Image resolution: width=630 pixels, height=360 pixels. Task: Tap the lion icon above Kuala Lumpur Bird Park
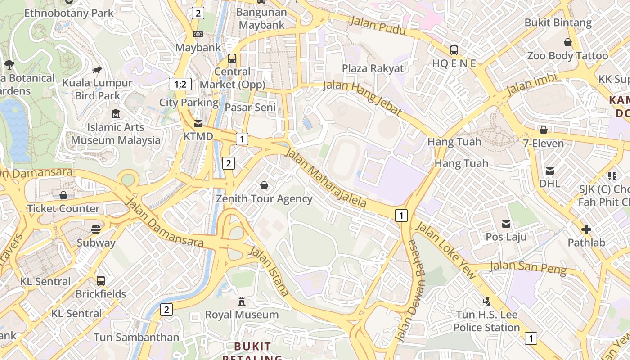pyautogui.click(x=97, y=70)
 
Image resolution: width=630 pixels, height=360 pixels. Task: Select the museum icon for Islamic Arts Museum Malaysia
pyautogui.click(x=116, y=113)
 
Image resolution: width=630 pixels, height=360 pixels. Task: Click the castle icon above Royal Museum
pyautogui.click(x=242, y=301)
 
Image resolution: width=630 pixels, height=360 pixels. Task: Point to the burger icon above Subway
pyautogui.click(x=95, y=229)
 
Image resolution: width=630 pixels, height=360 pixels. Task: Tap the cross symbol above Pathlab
pyautogui.click(x=586, y=229)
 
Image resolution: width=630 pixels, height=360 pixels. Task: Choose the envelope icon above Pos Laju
pyautogui.click(x=506, y=224)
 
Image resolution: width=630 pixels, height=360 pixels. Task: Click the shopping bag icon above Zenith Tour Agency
pyautogui.click(x=264, y=185)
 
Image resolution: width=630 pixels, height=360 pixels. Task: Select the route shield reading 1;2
pyautogui.click(x=180, y=84)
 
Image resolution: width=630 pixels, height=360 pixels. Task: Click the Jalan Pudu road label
pyautogui.click(x=378, y=26)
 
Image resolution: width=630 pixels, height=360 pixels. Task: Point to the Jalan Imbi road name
pyautogui.click(x=531, y=84)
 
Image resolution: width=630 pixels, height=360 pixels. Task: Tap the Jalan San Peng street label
pyautogui.click(x=527, y=267)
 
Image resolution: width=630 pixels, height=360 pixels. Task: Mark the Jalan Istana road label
pyautogui.click(x=269, y=271)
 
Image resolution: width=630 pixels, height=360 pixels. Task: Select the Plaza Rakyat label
pyautogui.click(x=373, y=68)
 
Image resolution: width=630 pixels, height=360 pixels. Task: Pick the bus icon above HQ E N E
pyautogui.click(x=454, y=50)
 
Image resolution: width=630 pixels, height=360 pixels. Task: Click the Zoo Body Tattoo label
pyautogui.click(x=567, y=56)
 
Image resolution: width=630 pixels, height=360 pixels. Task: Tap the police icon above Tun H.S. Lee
pyautogui.click(x=486, y=301)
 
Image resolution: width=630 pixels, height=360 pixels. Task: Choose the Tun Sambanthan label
pyautogui.click(x=136, y=337)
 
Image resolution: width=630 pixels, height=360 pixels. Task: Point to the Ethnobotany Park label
pyautogui.click(x=69, y=13)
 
